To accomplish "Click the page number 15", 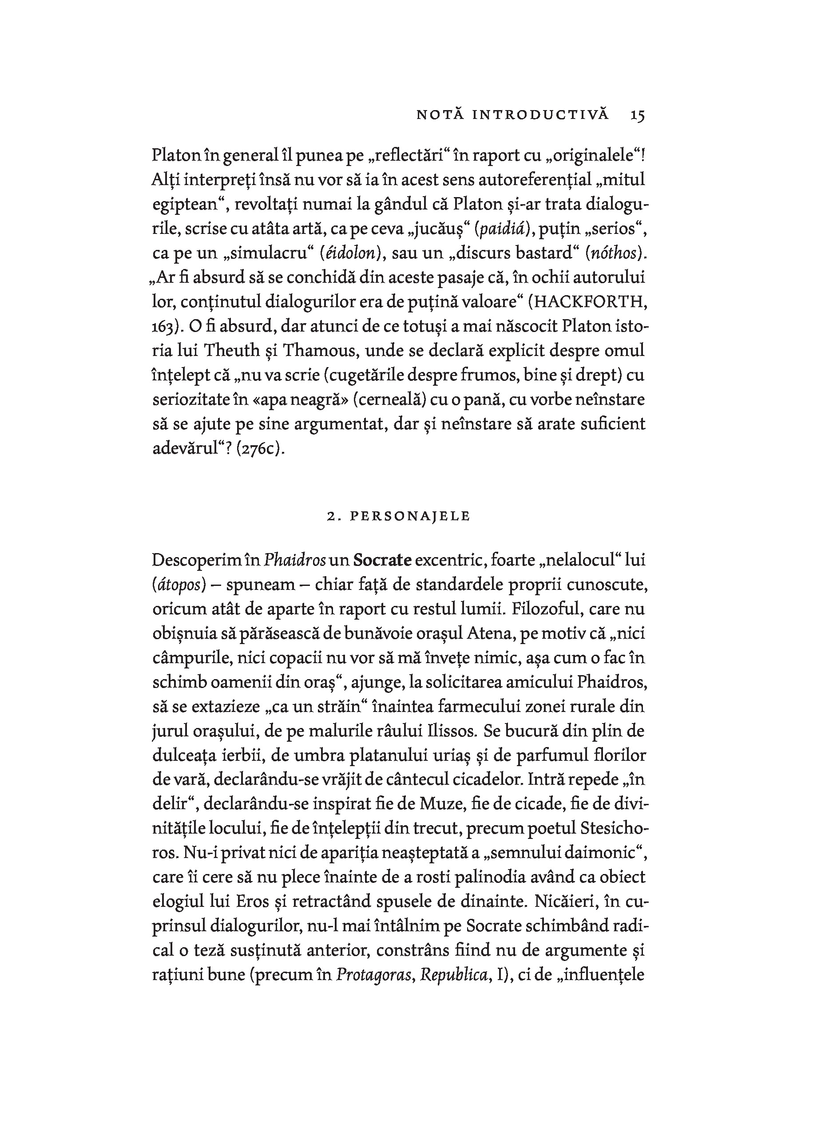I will pos(638,115).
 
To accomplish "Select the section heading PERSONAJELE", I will pos(410,516).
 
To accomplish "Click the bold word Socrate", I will pos(382,560).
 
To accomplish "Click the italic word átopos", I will pos(179,585).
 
